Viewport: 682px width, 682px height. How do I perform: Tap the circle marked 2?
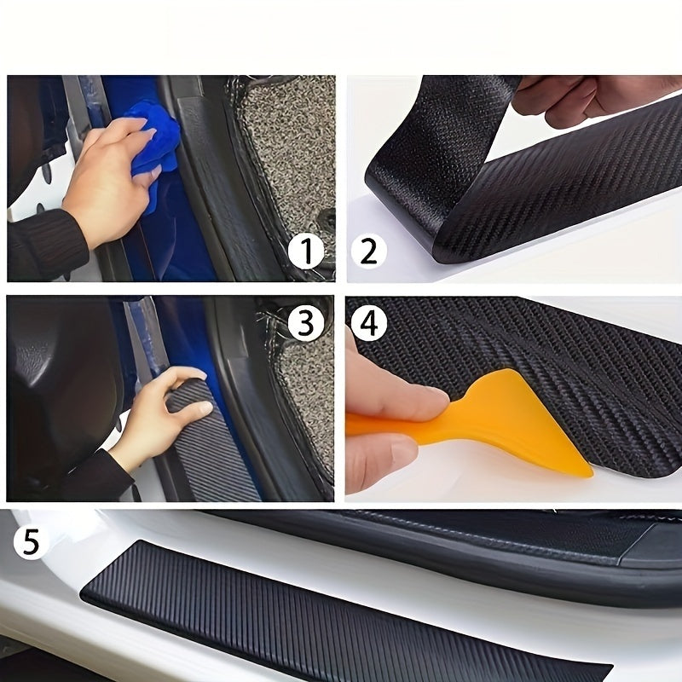tap(368, 251)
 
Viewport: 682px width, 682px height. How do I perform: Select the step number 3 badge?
tap(305, 322)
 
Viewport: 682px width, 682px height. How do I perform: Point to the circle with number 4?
tap(368, 325)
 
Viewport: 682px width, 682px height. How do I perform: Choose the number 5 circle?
tap(32, 543)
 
